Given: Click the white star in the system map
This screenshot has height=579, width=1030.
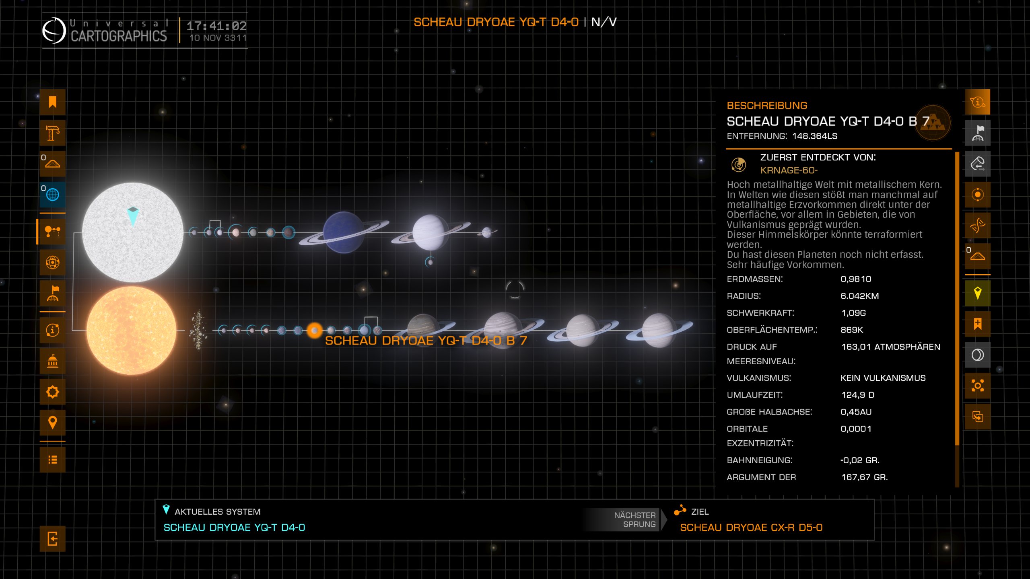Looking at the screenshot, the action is pyautogui.click(x=133, y=232).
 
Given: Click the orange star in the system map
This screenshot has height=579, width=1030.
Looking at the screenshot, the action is pyautogui.click(x=131, y=331).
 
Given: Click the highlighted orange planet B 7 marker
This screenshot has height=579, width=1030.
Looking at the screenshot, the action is pyautogui.click(x=314, y=331).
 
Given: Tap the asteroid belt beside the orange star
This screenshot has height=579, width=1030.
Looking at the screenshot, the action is pyautogui.click(x=198, y=331).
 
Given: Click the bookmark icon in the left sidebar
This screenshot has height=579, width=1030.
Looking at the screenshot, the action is pyautogui.click(x=53, y=102).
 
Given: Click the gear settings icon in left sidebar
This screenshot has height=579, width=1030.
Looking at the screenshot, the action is pyautogui.click(x=53, y=392).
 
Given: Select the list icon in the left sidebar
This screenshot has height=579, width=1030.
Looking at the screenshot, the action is pyautogui.click(x=53, y=460).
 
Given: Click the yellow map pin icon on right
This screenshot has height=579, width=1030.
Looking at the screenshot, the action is pyautogui.click(x=977, y=293).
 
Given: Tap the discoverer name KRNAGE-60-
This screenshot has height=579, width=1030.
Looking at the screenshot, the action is pyautogui.click(x=789, y=170).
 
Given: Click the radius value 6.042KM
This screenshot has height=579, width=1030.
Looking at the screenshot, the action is pyautogui.click(x=859, y=296).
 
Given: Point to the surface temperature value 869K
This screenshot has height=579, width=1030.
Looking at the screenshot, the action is pyautogui.click(x=852, y=330).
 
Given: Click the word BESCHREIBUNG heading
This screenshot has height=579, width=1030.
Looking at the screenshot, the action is pyautogui.click(x=767, y=106).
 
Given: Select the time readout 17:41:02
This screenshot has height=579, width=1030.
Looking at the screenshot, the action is pyautogui.click(x=216, y=26).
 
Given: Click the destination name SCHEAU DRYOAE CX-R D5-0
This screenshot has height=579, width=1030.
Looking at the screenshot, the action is pyautogui.click(x=751, y=528).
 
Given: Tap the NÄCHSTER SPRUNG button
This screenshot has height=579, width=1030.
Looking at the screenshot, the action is pyautogui.click(x=634, y=519).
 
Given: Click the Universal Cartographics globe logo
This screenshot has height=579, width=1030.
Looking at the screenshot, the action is pyautogui.click(x=54, y=31).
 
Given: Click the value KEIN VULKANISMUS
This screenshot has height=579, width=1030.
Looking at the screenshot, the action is pyautogui.click(x=883, y=378).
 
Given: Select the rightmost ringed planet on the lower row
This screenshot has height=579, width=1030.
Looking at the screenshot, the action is pyautogui.click(x=658, y=331).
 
